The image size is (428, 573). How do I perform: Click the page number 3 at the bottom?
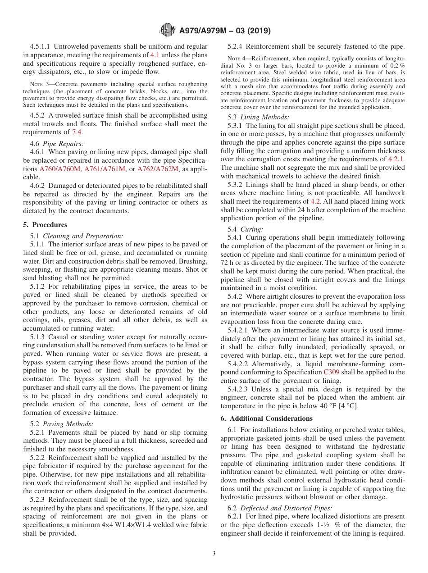(214, 553)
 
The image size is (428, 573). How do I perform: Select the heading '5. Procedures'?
(45, 225)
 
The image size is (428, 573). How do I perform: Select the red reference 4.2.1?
(396, 159)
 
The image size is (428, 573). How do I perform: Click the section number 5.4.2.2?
(239, 364)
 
